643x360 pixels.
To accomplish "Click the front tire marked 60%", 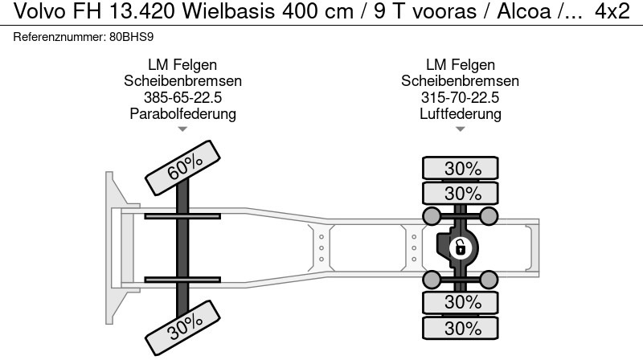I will (184, 166).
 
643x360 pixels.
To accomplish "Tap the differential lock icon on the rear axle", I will (461, 247).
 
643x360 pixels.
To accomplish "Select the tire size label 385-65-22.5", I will (182, 97).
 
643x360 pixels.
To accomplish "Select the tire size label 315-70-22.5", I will (460, 97).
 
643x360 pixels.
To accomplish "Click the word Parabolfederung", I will (182, 113).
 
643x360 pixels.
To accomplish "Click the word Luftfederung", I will (460, 113).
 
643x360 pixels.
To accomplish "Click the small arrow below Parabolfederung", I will (182, 129).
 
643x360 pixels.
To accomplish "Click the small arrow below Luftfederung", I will (460, 129).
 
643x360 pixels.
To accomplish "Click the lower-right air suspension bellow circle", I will (489, 279).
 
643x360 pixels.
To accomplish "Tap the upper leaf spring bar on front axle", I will (182, 215).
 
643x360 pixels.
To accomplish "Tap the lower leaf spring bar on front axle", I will (182, 279).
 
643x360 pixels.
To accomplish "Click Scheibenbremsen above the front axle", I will (182, 81).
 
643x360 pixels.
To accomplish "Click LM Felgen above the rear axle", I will (460, 65).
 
